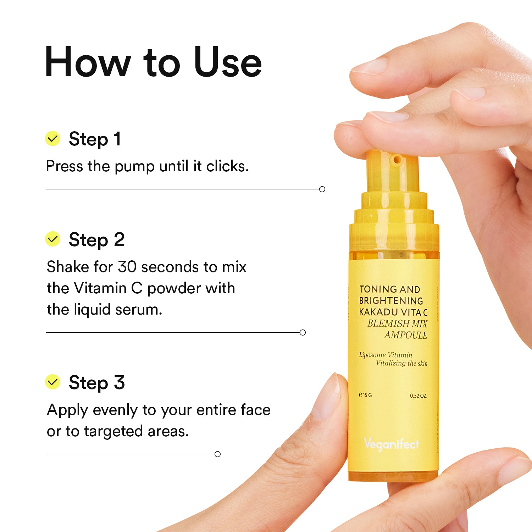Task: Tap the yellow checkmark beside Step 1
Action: (x=53, y=139)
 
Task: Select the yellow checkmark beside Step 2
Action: (x=53, y=239)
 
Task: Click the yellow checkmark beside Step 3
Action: (x=53, y=382)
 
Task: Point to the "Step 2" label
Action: (x=97, y=240)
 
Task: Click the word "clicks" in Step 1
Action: (x=227, y=166)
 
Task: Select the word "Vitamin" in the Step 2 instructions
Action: (x=100, y=288)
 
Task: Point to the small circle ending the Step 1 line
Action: (x=322, y=189)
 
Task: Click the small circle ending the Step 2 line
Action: (x=303, y=332)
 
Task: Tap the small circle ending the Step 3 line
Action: (x=218, y=454)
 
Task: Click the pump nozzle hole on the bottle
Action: (x=397, y=160)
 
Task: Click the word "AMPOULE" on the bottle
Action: (x=406, y=335)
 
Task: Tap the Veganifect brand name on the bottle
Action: (x=391, y=444)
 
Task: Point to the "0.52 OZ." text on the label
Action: (x=419, y=395)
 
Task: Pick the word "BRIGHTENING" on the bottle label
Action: (x=391, y=301)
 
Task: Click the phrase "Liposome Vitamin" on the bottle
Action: (x=386, y=355)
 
